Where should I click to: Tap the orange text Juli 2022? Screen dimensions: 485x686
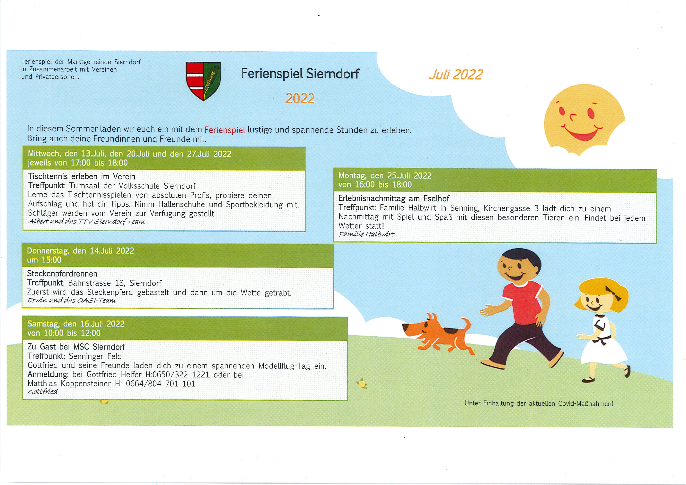point(456,75)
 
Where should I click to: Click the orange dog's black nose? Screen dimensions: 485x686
point(404,326)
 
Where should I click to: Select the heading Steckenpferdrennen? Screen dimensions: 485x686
point(62,274)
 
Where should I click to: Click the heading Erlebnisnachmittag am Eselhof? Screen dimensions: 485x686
point(394,198)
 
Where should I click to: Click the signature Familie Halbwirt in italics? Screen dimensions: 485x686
point(366,234)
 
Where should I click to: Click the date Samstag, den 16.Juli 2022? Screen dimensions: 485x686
point(76,324)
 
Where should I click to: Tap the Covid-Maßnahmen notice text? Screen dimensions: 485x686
point(538,403)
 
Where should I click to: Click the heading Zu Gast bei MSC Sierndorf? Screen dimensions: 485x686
point(76,347)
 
